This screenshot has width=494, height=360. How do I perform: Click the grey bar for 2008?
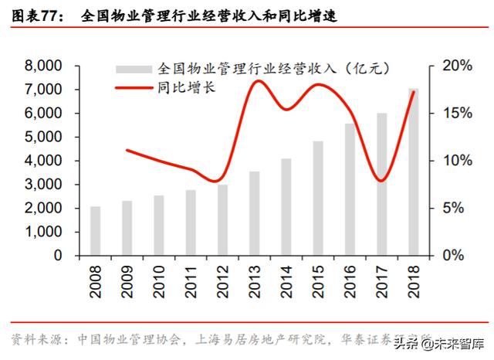95,230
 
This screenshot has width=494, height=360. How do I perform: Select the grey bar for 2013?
255,213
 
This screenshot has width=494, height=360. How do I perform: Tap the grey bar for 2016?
350,189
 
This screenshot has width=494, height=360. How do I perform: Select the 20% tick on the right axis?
455,66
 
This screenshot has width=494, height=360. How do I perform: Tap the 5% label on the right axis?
455,208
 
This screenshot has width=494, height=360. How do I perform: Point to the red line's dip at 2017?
381,181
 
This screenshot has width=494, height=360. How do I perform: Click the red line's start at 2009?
127,150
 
